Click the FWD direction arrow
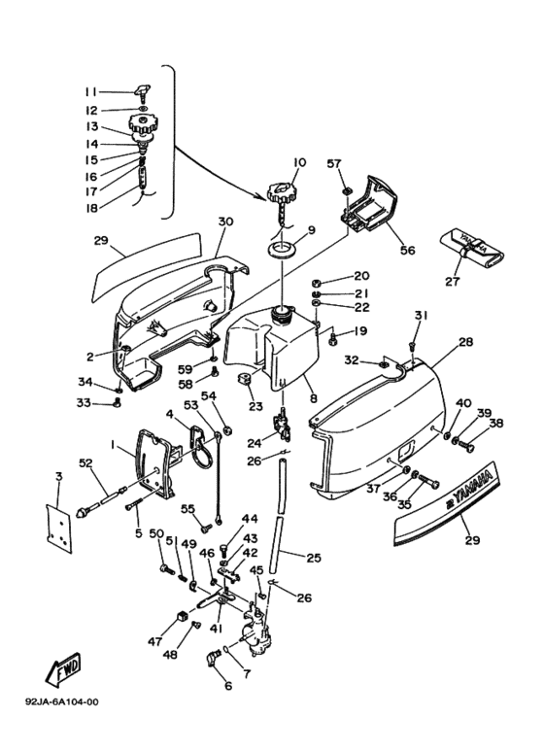pyautogui.click(x=64, y=668)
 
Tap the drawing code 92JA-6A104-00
pyautogui.click(x=62, y=702)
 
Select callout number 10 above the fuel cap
pyautogui.click(x=299, y=162)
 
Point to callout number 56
pyautogui.click(x=407, y=250)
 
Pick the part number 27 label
pyautogui.click(x=453, y=281)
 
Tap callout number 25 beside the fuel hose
pyautogui.click(x=313, y=558)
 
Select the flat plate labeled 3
pyautogui.click(x=59, y=528)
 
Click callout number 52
pyautogui.click(x=85, y=462)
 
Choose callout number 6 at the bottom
pyautogui.click(x=228, y=685)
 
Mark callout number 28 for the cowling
pyautogui.click(x=465, y=342)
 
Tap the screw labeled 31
pyautogui.click(x=412, y=346)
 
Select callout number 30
pyautogui.click(x=225, y=222)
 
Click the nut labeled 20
pyautogui.click(x=317, y=282)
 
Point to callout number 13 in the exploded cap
pyautogui.click(x=92, y=126)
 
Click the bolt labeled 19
pyautogui.click(x=333, y=339)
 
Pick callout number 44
pyautogui.click(x=250, y=519)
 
